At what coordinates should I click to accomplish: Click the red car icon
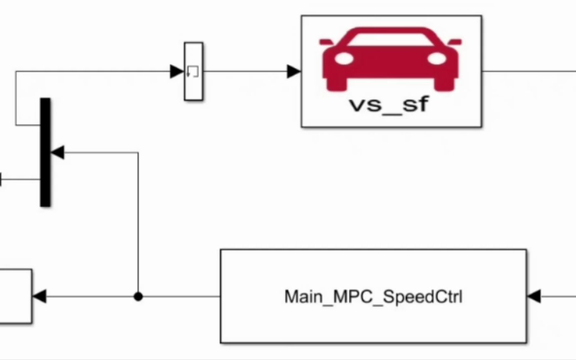(x=391, y=58)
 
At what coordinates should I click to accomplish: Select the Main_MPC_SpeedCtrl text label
(x=373, y=297)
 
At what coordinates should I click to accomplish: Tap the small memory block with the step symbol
(x=193, y=71)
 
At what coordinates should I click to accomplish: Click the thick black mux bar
(x=45, y=152)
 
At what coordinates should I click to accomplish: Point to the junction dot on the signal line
(x=138, y=296)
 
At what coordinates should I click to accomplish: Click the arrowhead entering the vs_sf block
(x=294, y=71)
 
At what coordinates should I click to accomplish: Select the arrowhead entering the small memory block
(x=177, y=71)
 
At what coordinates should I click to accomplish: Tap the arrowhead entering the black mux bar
(x=57, y=152)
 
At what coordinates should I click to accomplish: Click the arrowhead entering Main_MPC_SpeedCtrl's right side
(x=534, y=296)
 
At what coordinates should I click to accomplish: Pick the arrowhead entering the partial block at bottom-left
(x=39, y=296)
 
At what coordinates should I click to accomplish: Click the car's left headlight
(x=344, y=59)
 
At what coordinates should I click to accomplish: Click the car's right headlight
(x=437, y=59)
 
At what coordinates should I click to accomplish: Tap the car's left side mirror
(x=326, y=41)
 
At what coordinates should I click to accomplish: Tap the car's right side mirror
(x=455, y=41)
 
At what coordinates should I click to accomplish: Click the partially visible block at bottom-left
(x=15, y=296)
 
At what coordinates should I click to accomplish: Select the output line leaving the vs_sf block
(x=529, y=71)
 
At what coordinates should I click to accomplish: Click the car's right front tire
(x=444, y=85)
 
